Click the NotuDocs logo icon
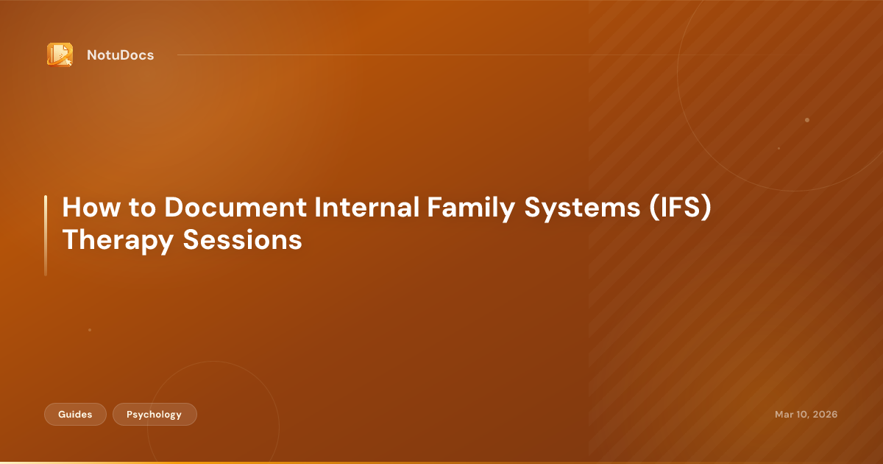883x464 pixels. [60, 55]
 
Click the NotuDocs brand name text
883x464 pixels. [120, 55]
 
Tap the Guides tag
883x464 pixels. [75, 415]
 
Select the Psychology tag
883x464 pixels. [155, 415]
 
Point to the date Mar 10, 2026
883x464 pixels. [806, 415]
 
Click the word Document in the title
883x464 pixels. [235, 208]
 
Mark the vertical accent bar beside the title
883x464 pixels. [46, 236]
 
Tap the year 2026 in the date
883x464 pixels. [824, 415]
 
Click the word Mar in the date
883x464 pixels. [784, 415]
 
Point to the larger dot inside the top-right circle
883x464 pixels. [807, 119]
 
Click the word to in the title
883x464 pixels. [141, 208]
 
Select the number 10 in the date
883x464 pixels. [801, 415]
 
